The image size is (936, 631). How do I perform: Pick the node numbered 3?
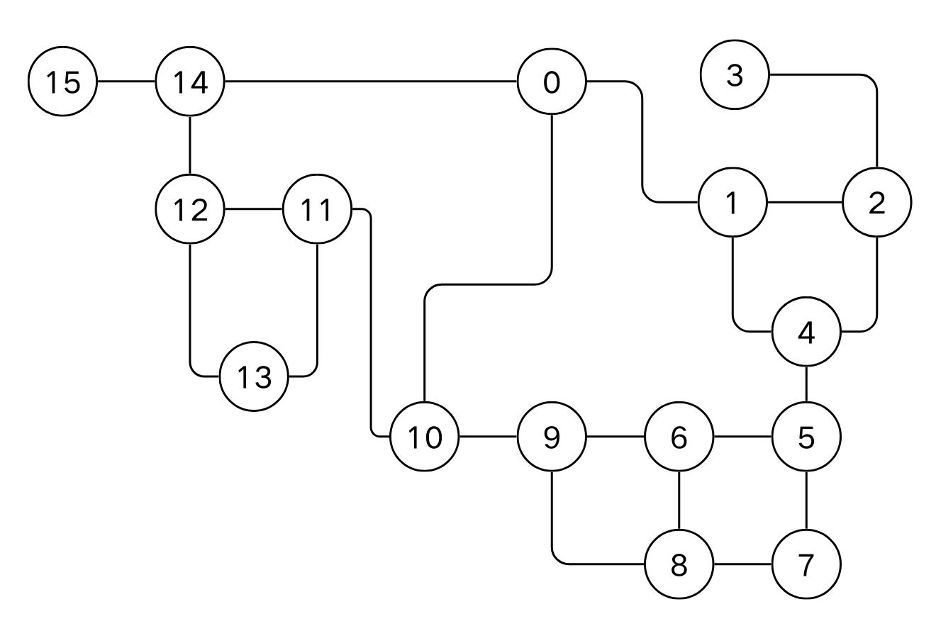tap(735, 74)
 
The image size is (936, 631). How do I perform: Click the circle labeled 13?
tap(254, 376)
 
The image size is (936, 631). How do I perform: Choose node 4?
tap(806, 331)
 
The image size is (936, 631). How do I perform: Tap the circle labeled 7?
tap(806, 565)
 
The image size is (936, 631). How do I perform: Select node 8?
tap(679, 565)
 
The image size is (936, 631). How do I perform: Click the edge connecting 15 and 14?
tap(126, 82)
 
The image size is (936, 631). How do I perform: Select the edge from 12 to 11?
tap(253, 209)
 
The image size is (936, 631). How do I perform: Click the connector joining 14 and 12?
tap(190, 145)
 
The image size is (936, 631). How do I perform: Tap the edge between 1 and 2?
tap(805, 203)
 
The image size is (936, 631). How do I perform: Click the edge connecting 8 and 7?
tap(742, 565)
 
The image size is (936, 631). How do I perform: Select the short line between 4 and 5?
tap(806, 384)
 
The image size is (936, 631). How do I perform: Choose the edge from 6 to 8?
tap(679, 501)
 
